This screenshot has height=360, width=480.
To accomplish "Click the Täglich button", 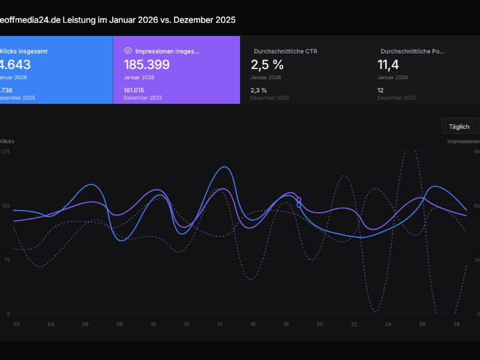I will [x=460, y=127].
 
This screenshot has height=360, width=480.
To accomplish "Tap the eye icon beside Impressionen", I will [x=128, y=51].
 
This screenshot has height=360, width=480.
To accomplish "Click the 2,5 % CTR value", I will [x=267, y=65].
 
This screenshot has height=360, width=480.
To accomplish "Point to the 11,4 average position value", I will [x=389, y=65].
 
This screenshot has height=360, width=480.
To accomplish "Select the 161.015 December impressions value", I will [x=136, y=90].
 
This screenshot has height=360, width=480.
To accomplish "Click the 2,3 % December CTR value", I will [x=259, y=90].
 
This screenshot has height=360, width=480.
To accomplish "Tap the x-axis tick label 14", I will [x=220, y=324].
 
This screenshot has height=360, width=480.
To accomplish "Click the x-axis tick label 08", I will [x=119, y=324].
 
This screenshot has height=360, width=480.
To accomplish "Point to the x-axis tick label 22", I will [x=354, y=324].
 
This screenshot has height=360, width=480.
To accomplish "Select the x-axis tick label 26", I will [x=422, y=324].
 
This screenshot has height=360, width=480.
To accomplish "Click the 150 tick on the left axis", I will [x=5, y=206].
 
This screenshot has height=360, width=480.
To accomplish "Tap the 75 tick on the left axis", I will [x=6, y=260].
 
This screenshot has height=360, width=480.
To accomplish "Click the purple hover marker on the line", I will [x=299, y=199].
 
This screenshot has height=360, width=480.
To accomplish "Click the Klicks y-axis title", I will [x=7, y=142].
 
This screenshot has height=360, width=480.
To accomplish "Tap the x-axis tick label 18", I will [x=286, y=324].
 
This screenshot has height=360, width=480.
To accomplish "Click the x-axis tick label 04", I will [x=51, y=324].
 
